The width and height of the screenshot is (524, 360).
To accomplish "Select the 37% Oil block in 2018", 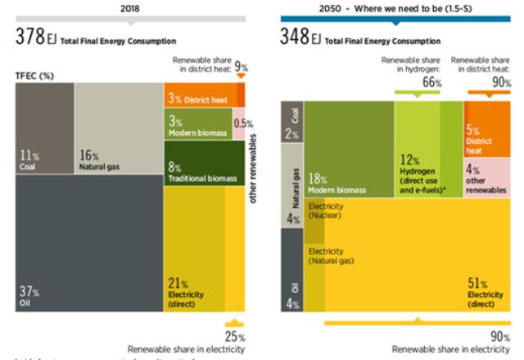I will click(x=82, y=245).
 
